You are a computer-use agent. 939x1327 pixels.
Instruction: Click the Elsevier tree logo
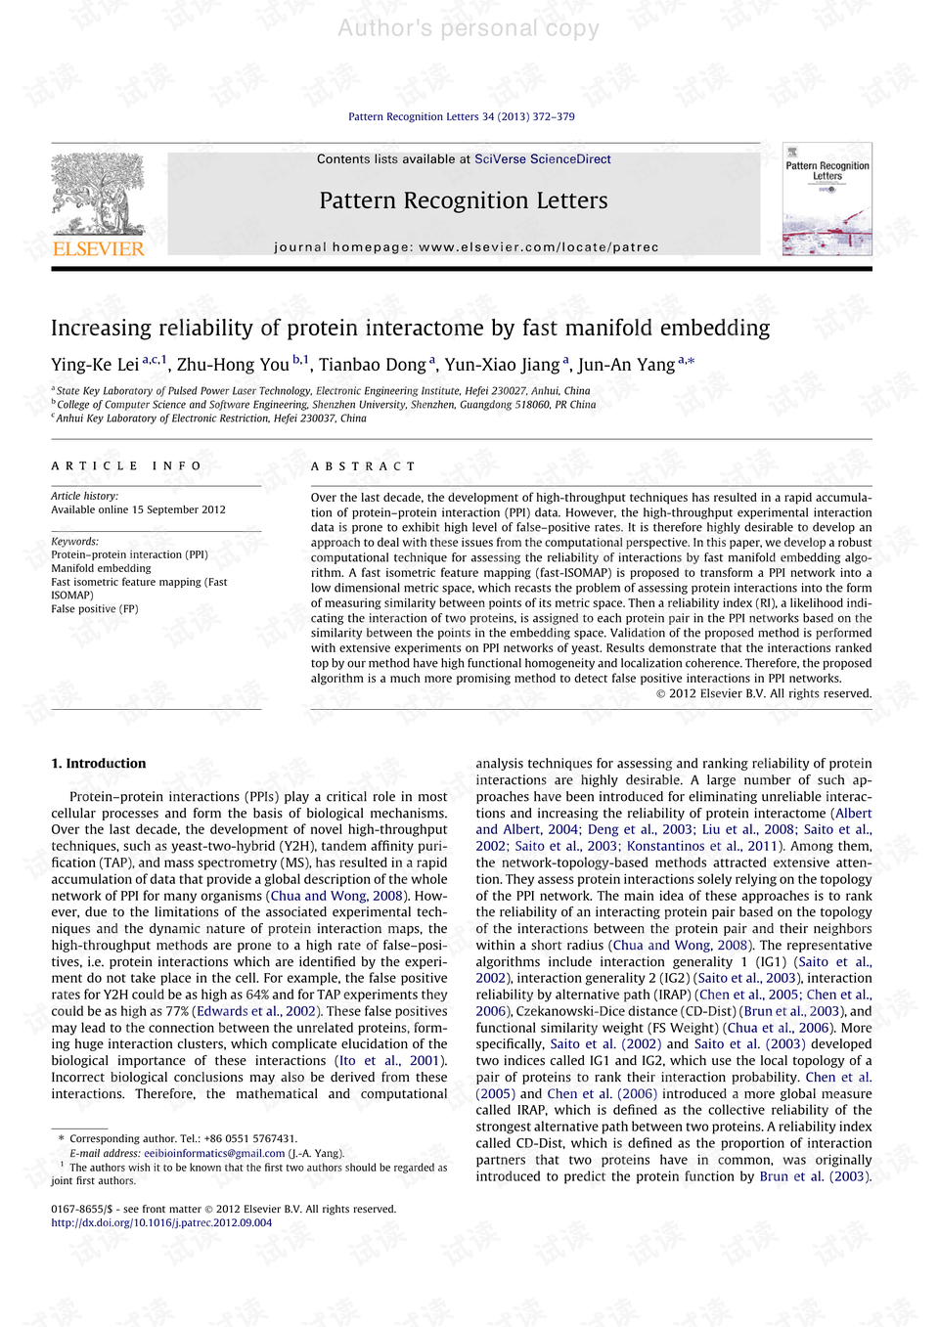pos(98,194)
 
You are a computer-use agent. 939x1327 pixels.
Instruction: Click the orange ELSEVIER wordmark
pos(98,249)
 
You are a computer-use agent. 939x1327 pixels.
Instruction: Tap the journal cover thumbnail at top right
pos(827,199)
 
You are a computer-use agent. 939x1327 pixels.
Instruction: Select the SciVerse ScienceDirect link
pos(542,159)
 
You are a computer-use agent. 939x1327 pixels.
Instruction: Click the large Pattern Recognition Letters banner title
pos(463,201)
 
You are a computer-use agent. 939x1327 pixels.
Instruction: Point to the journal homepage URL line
pos(466,247)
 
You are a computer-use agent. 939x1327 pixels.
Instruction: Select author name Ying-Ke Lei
pos(95,365)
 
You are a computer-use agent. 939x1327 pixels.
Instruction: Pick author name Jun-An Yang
pos(626,365)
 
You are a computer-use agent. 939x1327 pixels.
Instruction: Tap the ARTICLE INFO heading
pos(126,466)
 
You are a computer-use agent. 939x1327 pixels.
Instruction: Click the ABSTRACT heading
pos(363,466)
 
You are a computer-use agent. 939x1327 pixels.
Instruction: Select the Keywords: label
pos(74,541)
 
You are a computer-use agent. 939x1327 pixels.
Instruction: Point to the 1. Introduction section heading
pos(99,764)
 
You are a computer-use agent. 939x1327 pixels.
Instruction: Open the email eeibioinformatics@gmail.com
pos(214,1153)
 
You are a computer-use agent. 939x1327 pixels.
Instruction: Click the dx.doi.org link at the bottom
pos(161,1222)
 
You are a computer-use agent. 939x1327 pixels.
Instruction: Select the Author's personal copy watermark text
pos(469,28)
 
